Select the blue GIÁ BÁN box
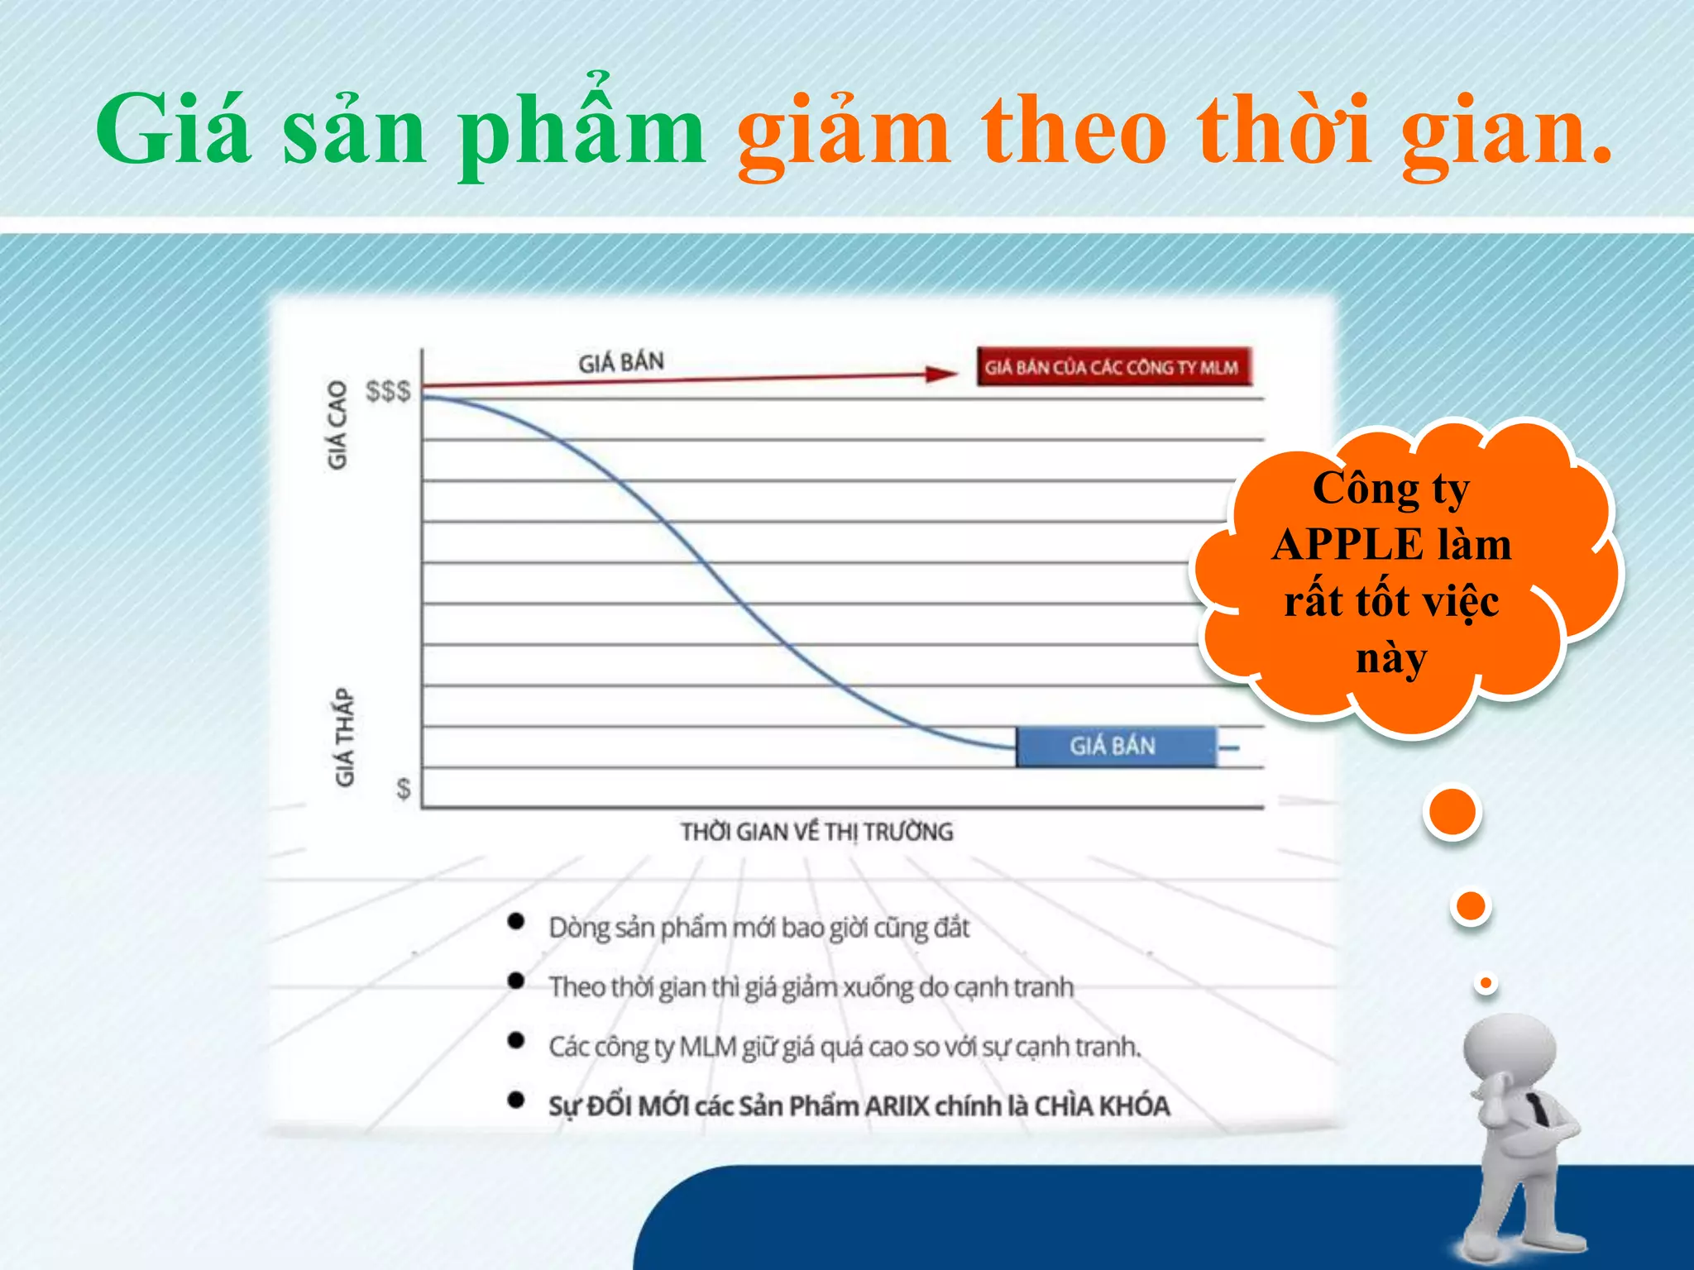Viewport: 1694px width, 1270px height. [x=1114, y=747]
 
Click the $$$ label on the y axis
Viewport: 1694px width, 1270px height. [x=388, y=390]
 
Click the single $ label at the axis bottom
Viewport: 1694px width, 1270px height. [x=403, y=789]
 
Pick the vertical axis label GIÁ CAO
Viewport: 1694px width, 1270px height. [x=337, y=425]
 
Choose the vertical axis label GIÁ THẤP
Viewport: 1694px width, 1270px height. [x=344, y=737]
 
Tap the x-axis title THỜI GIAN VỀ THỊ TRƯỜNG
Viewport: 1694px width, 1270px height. [x=816, y=832]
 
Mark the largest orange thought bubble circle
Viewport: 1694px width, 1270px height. [x=1452, y=813]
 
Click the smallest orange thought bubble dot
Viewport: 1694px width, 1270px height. [x=1486, y=983]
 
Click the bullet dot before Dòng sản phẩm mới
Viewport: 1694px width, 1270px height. [x=516, y=921]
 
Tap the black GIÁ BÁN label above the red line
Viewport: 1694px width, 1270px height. [x=620, y=362]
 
